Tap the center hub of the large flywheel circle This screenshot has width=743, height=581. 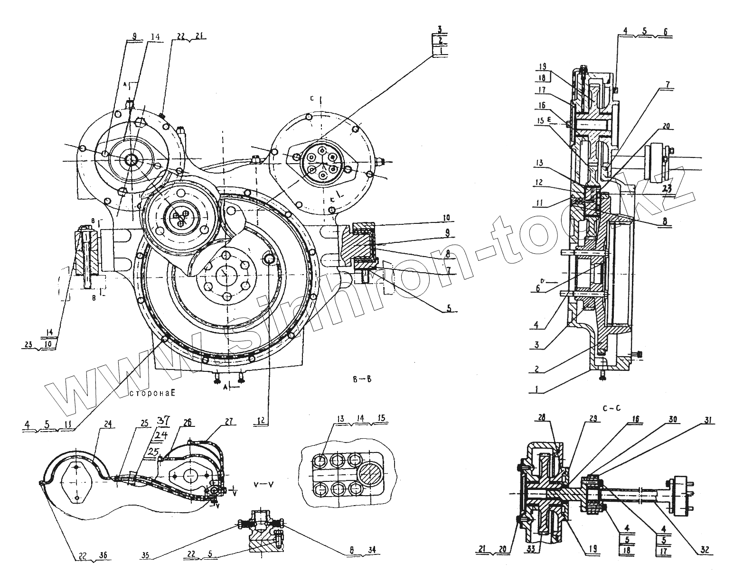[x=225, y=275]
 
